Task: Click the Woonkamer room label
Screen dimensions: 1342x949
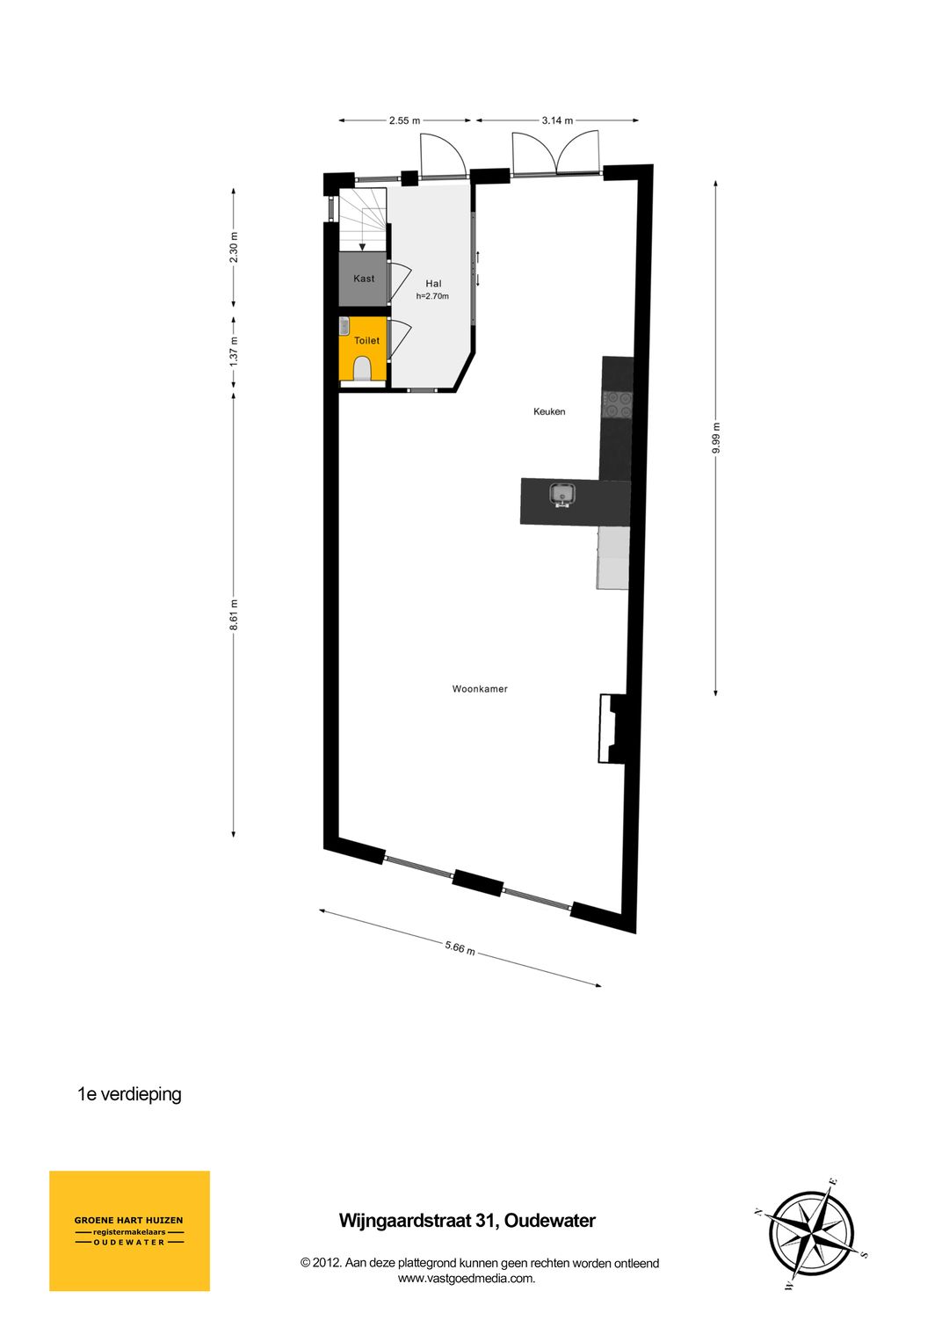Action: pyautogui.click(x=480, y=689)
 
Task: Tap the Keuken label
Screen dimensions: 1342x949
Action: pyautogui.click(x=549, y=411)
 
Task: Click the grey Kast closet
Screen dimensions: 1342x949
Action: pyautogui.click(x=363, y=279)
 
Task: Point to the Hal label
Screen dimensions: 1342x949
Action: pyautogui.click(x=433, y=284)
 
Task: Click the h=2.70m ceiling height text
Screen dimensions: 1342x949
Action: pyautogui.click(x=432, y=296)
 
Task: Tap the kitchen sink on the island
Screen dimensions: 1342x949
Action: pyautogui.click(x=561, y=496)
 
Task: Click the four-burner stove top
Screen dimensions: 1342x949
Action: pyautogui.click(x=617, y=403)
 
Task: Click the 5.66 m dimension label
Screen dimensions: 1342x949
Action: pyautogui.click(x=460, y=947)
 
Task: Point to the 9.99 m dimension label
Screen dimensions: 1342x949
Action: pyautogui.click(x=716, y=438)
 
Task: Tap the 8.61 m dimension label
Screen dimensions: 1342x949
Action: pyautogui.click(x=234, y=614)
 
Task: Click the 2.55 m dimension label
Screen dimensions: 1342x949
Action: pyautogui.click(x=404, y=120)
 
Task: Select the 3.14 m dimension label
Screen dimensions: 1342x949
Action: pyautogui.click(x=557, y=120)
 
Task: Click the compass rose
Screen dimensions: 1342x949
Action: pyautogui.click(x=811, y=1234)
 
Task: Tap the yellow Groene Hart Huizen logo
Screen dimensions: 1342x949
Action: pyautogui.click(x=129, y=1230)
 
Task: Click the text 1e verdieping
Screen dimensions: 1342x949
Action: pyautogui.click(x=129, y=1094)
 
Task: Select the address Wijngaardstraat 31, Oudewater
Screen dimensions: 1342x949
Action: pyautogui.click(x=467, y=1221)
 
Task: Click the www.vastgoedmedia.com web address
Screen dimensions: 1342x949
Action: pyautogui.click(x=467, y=1279)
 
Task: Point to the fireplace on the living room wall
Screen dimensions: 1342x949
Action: pyautogui.click(x=609, y=729)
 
